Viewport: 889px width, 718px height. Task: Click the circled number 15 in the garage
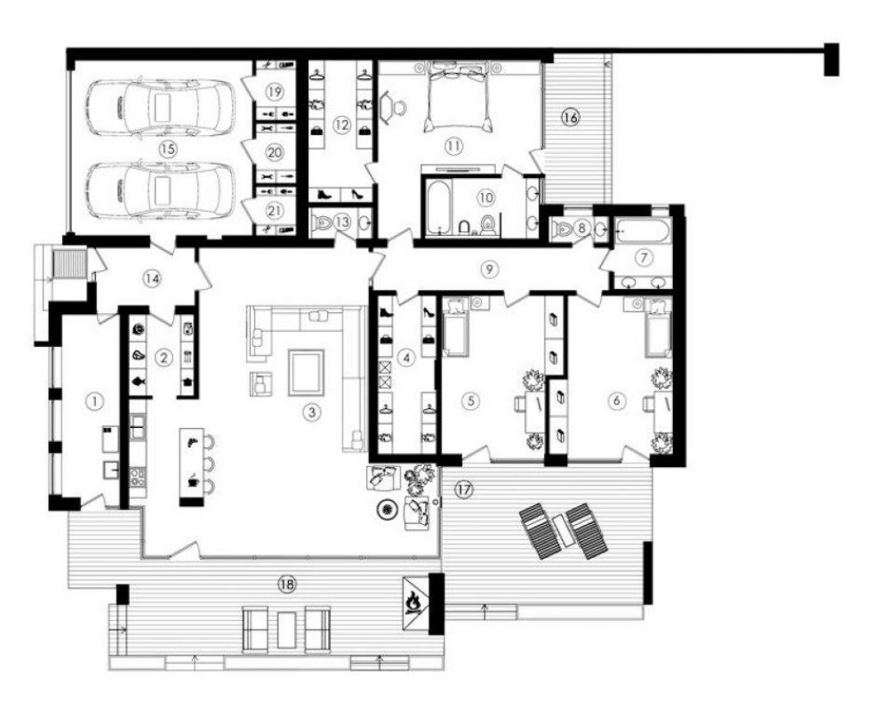[x=167, y=149]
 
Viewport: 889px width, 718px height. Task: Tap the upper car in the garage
[x=159, y=108]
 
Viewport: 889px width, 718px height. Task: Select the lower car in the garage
[x=159, y=190]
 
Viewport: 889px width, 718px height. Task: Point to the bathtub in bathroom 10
[x=437, y=206]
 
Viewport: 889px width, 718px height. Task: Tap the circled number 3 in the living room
[x=310, y=412]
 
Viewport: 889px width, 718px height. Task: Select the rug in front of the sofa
[x=306, y=372]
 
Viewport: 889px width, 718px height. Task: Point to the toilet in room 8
[x=562, y=228]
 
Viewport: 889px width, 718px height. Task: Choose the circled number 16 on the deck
[x=570, y=117]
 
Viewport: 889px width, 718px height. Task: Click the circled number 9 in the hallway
[x=490, y=270]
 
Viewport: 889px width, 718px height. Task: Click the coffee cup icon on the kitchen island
[x=193, y=480]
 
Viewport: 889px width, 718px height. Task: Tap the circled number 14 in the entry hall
[x=151, y=278]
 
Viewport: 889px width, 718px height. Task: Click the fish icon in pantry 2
[x=139, y=381]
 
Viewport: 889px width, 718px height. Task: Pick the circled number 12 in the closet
[x=341, y=124]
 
